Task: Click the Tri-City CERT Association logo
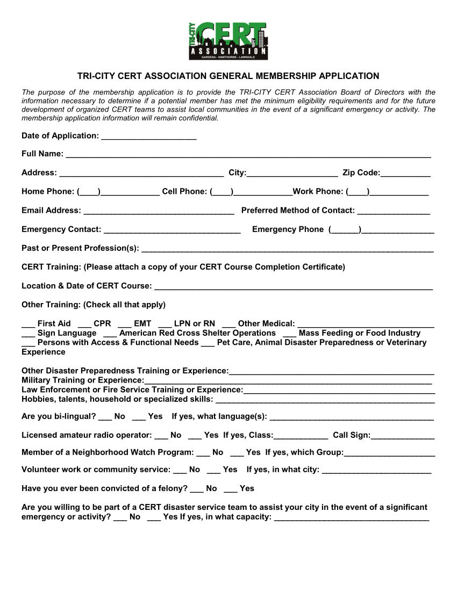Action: (228, 41)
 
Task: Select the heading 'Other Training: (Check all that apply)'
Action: (94, 305)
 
